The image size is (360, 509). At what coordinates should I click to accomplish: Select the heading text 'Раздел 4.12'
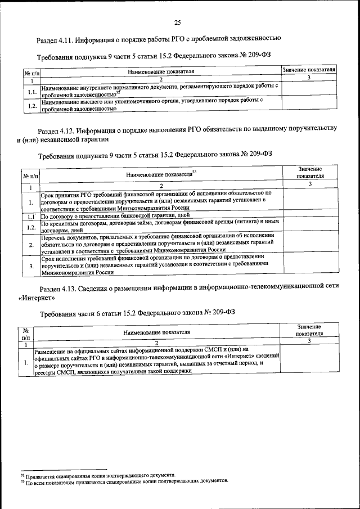pos(57,129)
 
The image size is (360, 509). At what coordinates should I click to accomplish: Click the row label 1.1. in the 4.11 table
pos(32,91)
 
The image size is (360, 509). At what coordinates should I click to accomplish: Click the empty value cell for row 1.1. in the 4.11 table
pos(309,88)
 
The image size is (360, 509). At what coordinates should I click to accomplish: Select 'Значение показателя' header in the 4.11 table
pos(309,69)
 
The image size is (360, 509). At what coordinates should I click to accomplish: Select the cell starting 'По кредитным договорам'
pos(160,226)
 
